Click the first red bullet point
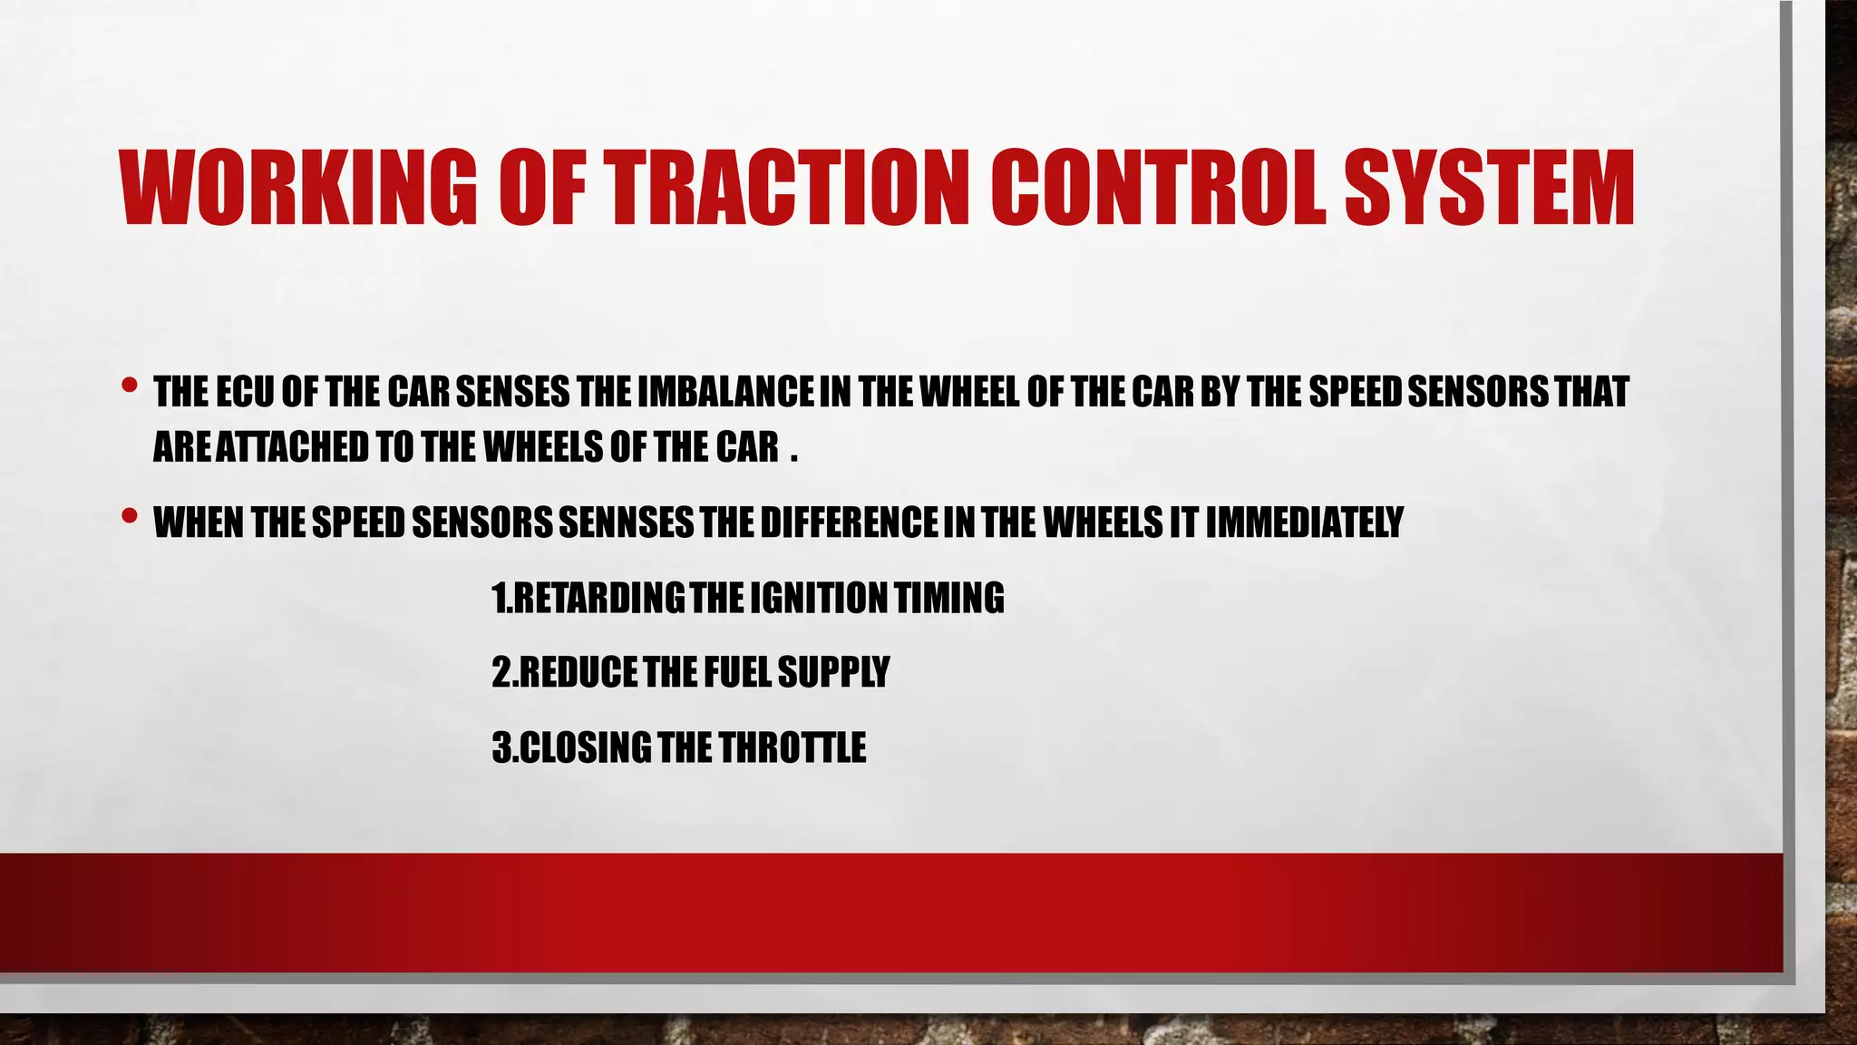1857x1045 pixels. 129,386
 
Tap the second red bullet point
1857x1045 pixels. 129,516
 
